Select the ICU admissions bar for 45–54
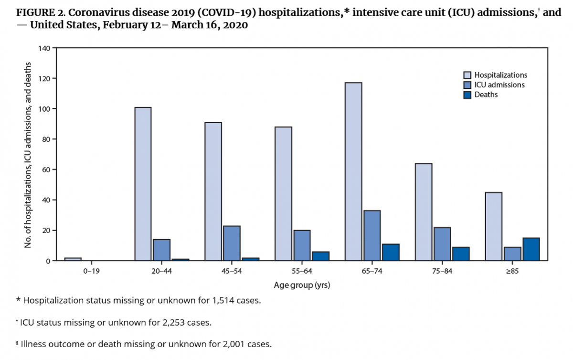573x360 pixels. [232, 244]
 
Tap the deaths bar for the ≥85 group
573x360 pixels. [531, 249]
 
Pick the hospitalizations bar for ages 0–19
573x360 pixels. [73, 259]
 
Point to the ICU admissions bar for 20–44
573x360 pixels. [161, 250]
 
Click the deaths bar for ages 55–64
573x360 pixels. [320, 256]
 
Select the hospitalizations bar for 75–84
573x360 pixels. [423, 212]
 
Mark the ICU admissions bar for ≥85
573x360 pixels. [512, 254]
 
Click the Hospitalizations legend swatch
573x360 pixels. [467, 75]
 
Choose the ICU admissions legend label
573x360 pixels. [499, 85]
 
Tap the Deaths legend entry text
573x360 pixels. [486, 95]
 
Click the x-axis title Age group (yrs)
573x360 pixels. [302, 286]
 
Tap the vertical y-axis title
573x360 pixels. [28, 155]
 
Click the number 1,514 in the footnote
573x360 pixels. [219, 301]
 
